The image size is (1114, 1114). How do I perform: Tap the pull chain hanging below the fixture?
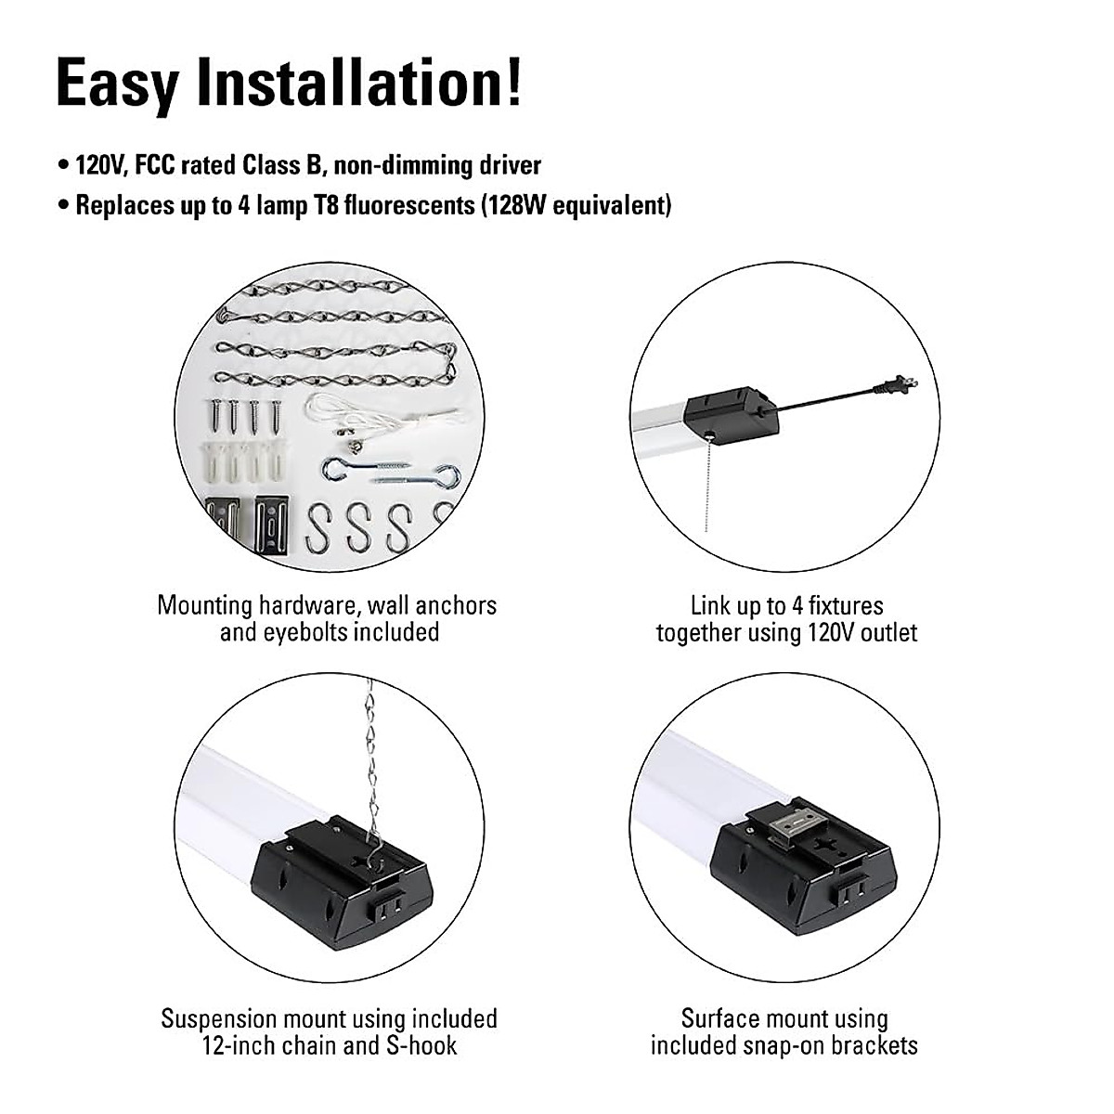click(707, 483)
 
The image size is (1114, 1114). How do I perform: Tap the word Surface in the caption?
click(722, 1018)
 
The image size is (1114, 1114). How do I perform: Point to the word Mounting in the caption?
click(205, 607)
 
